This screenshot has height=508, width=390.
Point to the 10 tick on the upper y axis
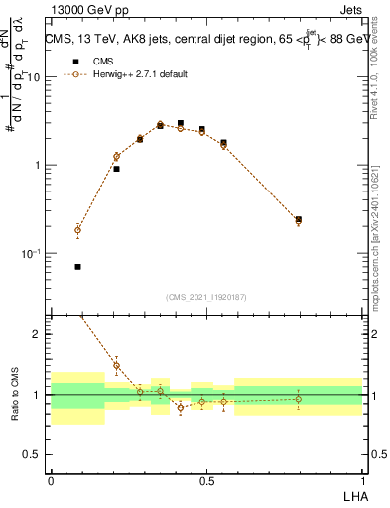40,77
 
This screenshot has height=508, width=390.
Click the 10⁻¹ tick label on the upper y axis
36,254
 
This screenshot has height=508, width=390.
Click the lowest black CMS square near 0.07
78,267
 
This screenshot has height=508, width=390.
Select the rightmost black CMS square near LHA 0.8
299,219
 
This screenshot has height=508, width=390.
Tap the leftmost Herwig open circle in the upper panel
78,230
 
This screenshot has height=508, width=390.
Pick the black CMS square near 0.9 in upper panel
116,169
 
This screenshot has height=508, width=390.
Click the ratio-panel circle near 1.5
116,365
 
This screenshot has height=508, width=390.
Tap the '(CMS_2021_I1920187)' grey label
206,297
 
